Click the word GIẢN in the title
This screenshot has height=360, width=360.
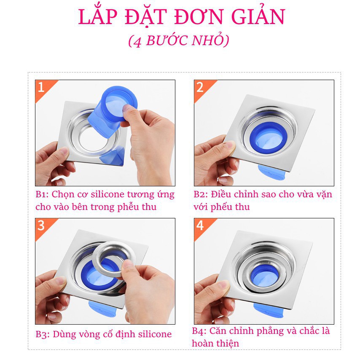click(258, 16)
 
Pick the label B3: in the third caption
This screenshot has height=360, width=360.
click(43, 334)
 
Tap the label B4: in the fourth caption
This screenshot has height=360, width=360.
click(199, 331)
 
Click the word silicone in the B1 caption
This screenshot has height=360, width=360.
click(107, 194)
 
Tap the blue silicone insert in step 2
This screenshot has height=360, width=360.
click(266, 137)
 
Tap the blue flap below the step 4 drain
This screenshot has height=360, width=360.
click(269, 310)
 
